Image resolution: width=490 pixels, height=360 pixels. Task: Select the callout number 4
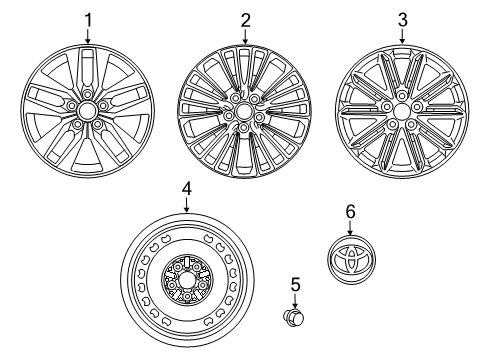click(186, 188)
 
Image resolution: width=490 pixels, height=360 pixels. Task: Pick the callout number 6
click(350, 211)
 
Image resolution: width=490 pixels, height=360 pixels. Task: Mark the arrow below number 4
click(186, 205)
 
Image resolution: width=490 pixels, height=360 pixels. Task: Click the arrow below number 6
click(350, 229)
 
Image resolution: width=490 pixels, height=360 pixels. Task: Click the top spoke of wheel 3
click(403, 70)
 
